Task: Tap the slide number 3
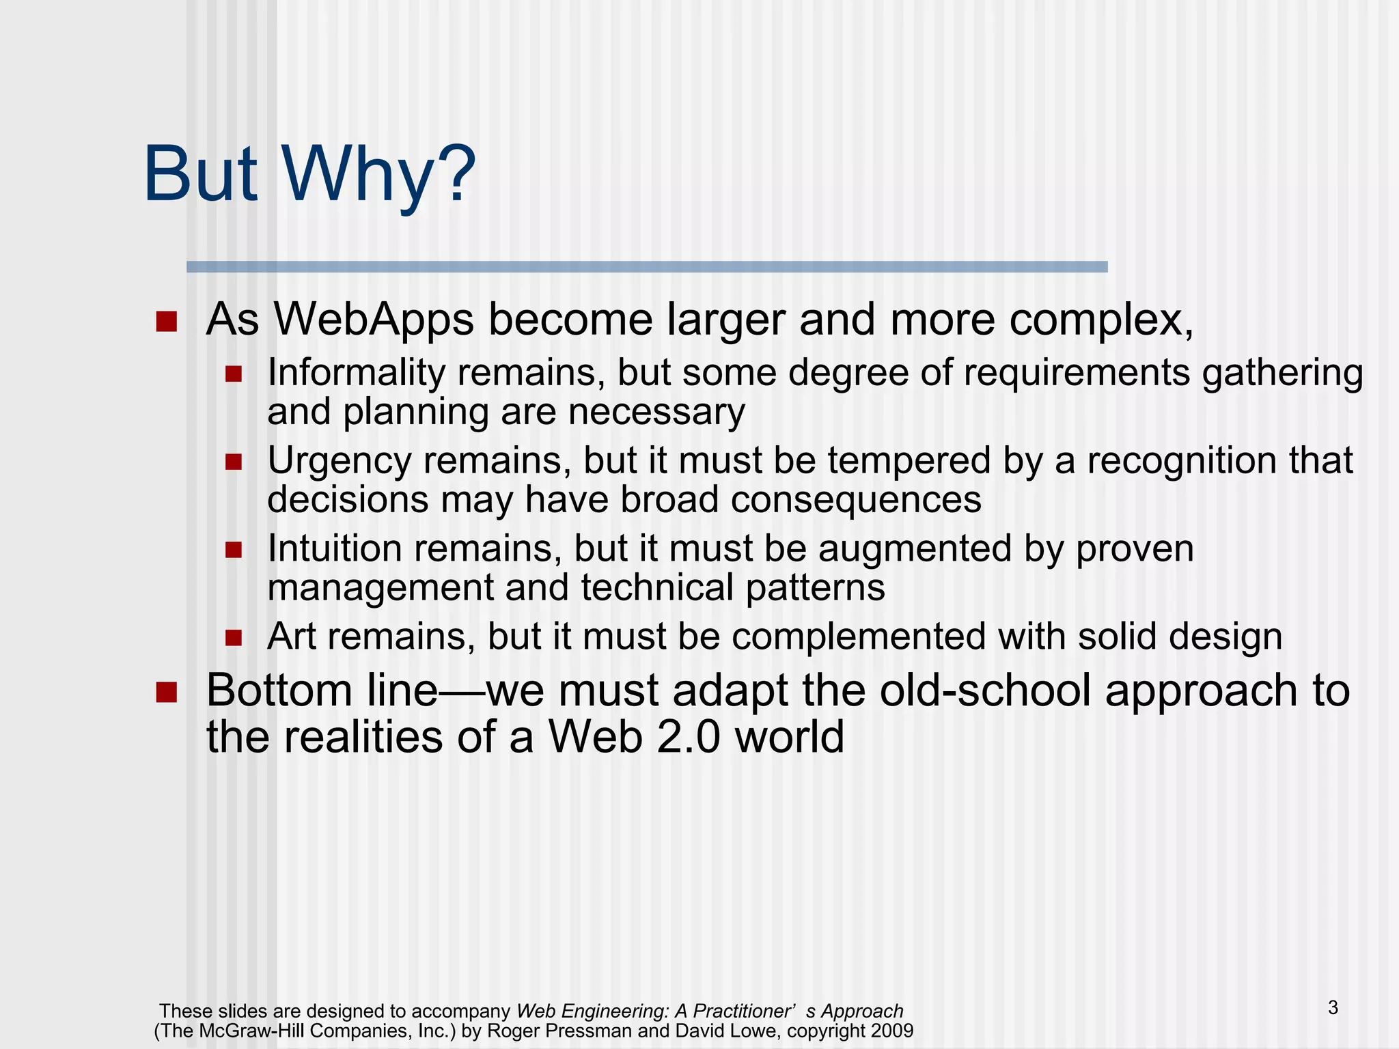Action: pyautogui.click(x=1333, y=1007)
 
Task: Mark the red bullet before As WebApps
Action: pyautogui.click(x=166, y=321)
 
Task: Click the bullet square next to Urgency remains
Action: pyautogui.click(x=234, y=462)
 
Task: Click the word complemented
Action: pyautogui.click(x=859, y=637)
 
